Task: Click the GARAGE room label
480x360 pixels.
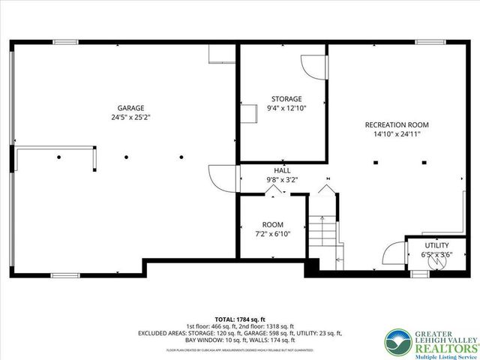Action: tap(130, 107)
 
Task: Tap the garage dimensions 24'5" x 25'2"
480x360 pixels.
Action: tap(130, 117)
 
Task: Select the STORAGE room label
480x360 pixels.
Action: tap(286, 98)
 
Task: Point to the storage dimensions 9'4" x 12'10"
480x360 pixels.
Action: tap(286, 108)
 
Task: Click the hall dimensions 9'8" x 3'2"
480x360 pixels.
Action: tap(282, 180)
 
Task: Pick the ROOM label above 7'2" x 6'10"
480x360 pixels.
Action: tap(272, 224)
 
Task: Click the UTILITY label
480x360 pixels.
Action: tap(436, 245)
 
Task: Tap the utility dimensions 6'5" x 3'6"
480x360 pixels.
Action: tap(436, 255)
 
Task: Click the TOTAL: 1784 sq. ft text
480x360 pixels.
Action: tap(240, 319)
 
